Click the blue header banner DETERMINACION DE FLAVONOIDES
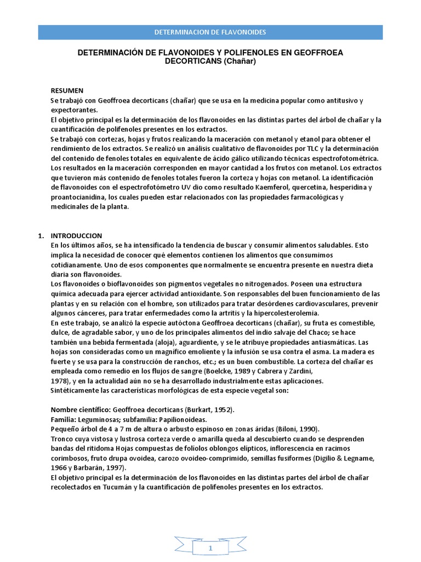pyautogui.click(x=210, y=32)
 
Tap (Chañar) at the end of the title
pyautogui.click(x=240, y=62)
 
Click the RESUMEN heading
pyautogui.click(x=67, y=91)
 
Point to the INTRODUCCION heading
pyautogui.click(x=76, y=235)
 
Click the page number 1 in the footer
pyautogui.click(x=210, y=548)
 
